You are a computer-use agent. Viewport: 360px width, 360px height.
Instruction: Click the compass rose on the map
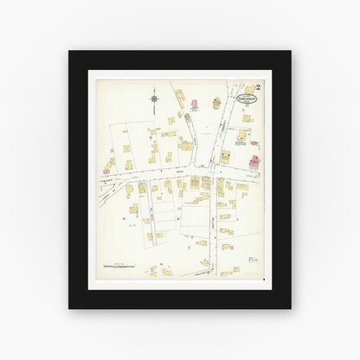point(152,99)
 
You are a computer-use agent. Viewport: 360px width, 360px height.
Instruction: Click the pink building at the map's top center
point(195,106)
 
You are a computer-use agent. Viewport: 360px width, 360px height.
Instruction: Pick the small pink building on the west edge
point(106,171)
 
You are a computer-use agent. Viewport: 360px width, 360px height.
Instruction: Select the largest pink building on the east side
point(254,162)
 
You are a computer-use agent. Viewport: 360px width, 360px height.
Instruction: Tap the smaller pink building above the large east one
point(254,143)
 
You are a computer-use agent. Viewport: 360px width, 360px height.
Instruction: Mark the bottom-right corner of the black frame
point(291,309)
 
